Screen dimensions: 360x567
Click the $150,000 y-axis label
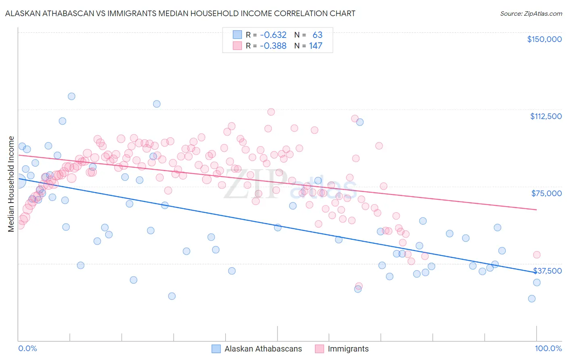click(x=544, y=39)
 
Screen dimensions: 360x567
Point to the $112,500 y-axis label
click(x=546, y=116)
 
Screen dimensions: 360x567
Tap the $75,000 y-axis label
click(x=546, y=193)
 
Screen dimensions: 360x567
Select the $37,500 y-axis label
click(x=547, y=271)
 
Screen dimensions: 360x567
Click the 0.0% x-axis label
click(x=27, y=348)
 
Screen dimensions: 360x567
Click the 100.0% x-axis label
click(x=548, y=348)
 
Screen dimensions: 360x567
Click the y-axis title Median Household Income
click(x=11, y=184)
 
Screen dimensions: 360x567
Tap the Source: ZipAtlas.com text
click(x=531, y=14)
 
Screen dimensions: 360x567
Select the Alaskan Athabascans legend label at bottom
click(x=263, y=349)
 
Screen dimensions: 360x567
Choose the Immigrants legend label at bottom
click(x=348, y=349)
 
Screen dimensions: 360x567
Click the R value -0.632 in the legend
click(x=273, y=35)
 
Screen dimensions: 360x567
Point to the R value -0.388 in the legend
click(x=273, y=46)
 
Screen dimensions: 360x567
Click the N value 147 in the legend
click(x=316, y=46)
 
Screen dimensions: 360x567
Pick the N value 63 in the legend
click(x=317, y=35)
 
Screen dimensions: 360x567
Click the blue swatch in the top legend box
click(x=237, y=35)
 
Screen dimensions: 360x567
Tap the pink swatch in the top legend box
click(x=237, y=46)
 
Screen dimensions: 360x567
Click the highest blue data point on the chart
click(x=71, y=96)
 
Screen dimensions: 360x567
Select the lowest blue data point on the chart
click(x=532, y=299)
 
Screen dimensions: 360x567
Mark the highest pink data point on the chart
click(x=271, y=112)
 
